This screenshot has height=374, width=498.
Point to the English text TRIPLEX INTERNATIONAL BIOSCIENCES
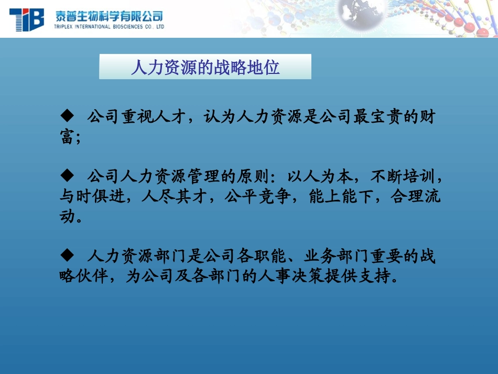[x=109, y=26]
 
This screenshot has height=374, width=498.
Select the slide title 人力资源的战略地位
[x=205, y=67]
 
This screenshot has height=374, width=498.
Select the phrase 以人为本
[x=325, y=175]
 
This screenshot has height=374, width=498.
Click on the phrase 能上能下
[x=334, y=197]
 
